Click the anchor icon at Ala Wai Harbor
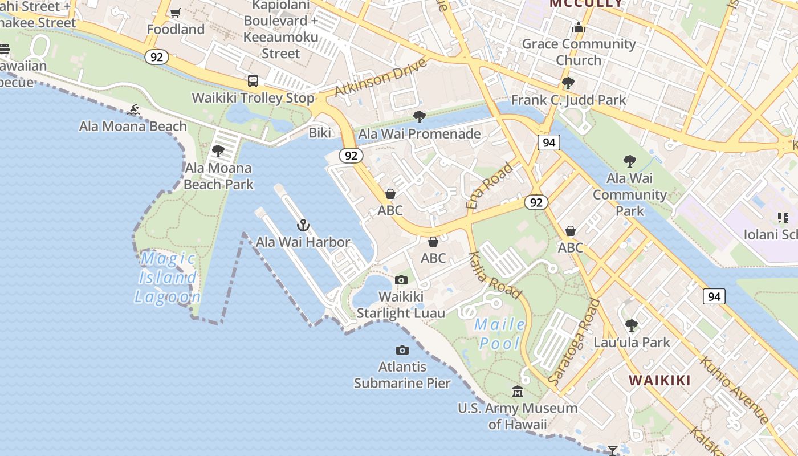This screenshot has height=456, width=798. tap(303, 225)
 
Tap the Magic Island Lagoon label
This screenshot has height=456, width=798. tap(168, 278)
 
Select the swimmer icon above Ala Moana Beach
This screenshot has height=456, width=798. tap(134, 109)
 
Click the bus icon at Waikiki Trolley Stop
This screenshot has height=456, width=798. tap(253, 81)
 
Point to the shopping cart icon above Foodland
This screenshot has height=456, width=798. tap(176, 13)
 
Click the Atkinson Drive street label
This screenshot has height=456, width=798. tap(381, 78)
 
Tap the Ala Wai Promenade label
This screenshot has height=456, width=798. tap(419, 134)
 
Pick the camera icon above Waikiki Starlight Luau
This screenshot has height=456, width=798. tap(401, 280)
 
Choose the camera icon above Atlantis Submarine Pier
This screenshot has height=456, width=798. tap(402, 350)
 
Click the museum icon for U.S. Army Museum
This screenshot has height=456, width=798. tap(518, 391)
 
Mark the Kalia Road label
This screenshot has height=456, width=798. tap(495, 275)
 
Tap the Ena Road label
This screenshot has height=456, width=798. tap(489, 186)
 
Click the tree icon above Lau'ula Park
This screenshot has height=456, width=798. tap(631, 325)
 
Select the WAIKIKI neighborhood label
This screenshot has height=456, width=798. tap(659, 380)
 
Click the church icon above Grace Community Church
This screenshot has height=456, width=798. tap(579, 27)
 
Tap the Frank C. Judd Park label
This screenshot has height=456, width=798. tap(568, 100)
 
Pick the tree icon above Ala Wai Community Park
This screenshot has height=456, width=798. tap(629, 161)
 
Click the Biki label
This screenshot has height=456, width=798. tap(320, 133)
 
